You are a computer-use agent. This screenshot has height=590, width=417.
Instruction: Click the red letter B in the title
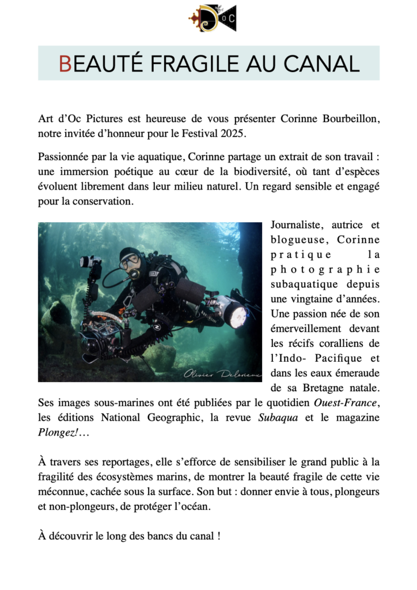coord(65,63)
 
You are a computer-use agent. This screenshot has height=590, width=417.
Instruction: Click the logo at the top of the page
coord(213,18)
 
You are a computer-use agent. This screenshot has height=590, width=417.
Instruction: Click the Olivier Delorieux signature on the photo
coord(222,374)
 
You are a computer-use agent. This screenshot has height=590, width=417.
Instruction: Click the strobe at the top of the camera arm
coord(90,262)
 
